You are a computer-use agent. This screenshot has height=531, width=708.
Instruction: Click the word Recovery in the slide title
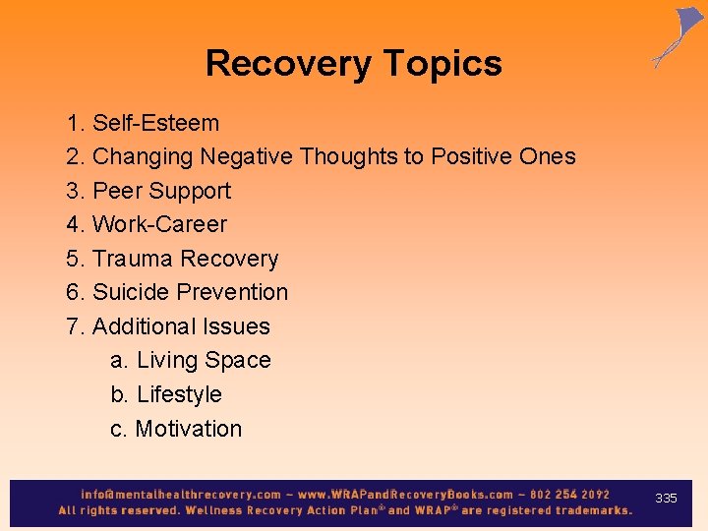287,64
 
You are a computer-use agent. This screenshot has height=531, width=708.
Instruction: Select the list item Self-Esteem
155,123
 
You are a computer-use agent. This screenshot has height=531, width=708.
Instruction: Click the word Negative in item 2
246,156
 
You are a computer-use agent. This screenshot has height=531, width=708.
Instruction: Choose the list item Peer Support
161,191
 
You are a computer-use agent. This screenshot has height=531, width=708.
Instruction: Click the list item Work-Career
159,224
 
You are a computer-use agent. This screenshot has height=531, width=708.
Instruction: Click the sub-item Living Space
203,360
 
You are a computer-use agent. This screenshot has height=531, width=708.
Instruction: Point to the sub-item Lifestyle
179,394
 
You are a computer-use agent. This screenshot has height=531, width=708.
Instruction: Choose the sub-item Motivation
188,429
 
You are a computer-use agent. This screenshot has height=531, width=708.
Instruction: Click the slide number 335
666,499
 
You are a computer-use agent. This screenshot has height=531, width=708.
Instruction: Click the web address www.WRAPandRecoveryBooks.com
405,495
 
